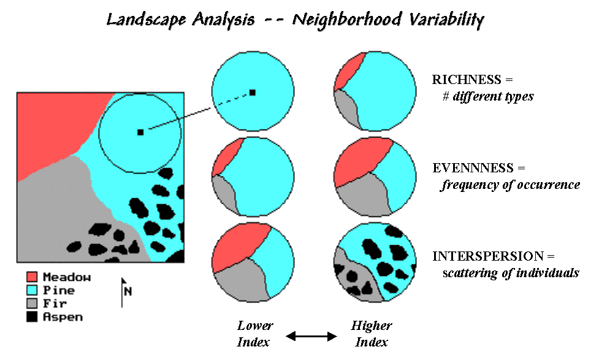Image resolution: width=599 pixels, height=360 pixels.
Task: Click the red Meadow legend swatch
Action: (x=32, y=277)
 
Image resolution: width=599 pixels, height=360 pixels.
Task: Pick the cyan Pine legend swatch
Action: (x=32, y=290)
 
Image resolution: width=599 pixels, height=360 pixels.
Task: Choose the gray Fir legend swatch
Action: (x=32, y=304)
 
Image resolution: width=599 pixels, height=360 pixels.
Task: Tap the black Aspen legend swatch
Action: (x=32, y=317)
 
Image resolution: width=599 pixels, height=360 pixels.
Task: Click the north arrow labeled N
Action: (x=125, y=291)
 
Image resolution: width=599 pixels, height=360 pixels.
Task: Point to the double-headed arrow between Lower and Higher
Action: (x=312, y=336)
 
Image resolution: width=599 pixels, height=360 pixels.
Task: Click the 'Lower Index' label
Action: (x=254, y=334)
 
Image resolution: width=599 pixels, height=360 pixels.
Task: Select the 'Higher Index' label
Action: (x=372, y=334)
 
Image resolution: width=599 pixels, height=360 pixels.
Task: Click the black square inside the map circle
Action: (x=140, y=132)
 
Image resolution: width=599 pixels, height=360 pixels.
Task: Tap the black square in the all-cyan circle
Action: (x=252, y=93)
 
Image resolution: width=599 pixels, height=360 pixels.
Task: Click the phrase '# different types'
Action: (x=488, y=96)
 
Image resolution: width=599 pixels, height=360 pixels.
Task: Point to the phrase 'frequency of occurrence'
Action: (x=510, y=185)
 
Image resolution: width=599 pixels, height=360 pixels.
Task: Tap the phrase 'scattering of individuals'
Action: (x=511, y=273)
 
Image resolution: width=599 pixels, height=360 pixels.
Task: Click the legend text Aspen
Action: (x=63, y=317)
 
